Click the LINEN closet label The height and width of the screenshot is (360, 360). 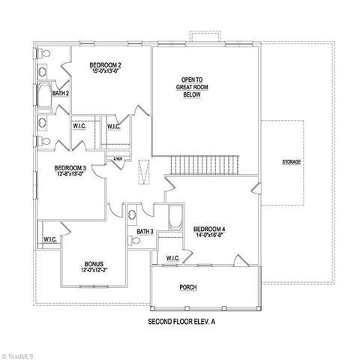(118, 159)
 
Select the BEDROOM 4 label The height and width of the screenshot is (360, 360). (209, 229)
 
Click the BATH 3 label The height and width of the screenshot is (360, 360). (145, 232)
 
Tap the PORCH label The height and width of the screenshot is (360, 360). (188, 287)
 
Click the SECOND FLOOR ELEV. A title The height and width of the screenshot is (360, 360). (183, 320)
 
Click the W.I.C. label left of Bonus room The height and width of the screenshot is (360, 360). (50, 240)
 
